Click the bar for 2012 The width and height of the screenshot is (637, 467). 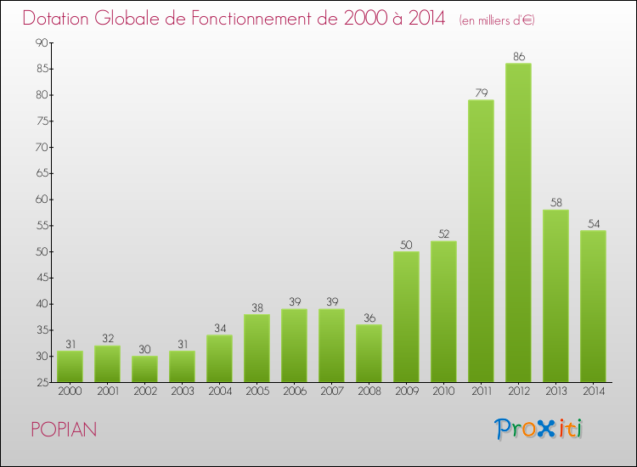point(518,222)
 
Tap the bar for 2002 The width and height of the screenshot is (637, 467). point(144,369)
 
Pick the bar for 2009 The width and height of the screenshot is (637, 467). point(406,316)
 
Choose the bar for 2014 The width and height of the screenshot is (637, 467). point(593,306)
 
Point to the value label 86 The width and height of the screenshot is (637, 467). point(518,57)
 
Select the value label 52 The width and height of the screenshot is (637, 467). point(443,234)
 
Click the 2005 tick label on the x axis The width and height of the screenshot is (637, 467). point(256,392)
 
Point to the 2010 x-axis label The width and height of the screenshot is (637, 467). point(443,392)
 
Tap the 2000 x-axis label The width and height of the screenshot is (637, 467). point(70,392)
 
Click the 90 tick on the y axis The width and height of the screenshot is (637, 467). point(41,42)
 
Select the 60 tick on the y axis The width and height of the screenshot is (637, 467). point(41,200)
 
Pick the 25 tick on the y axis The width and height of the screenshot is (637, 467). point(41,382)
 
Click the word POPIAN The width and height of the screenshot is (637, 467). point(64,430)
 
